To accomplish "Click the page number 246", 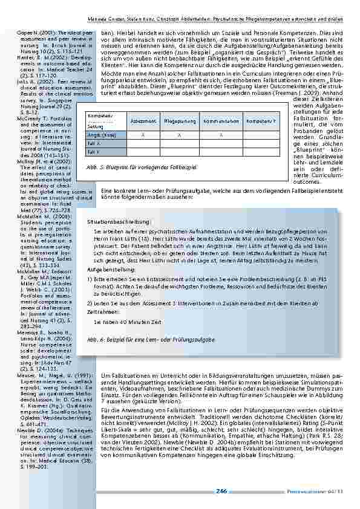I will click(220, 491).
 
